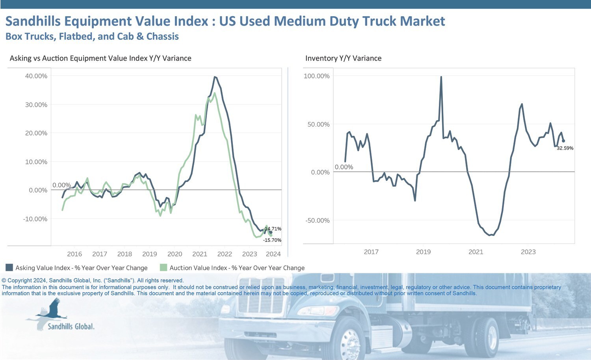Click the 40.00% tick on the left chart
point(36,76)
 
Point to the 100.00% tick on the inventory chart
point(316,76)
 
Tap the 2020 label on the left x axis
point(175,254)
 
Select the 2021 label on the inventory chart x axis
point(476,252)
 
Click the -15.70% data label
point(272,240)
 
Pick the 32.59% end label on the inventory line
point(565,148)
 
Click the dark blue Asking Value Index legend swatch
point(9,267)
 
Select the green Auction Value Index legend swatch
point(164,267)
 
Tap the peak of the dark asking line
point(215,77)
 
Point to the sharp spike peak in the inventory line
point(441,77)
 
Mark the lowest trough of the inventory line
point(490,235)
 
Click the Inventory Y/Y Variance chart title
point(343,58)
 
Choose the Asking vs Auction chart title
point(100,58)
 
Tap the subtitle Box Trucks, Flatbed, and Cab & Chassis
point(92,37)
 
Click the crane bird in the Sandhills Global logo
point(53,309)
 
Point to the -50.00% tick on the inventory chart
point(317,221)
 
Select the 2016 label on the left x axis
point(74,254)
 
